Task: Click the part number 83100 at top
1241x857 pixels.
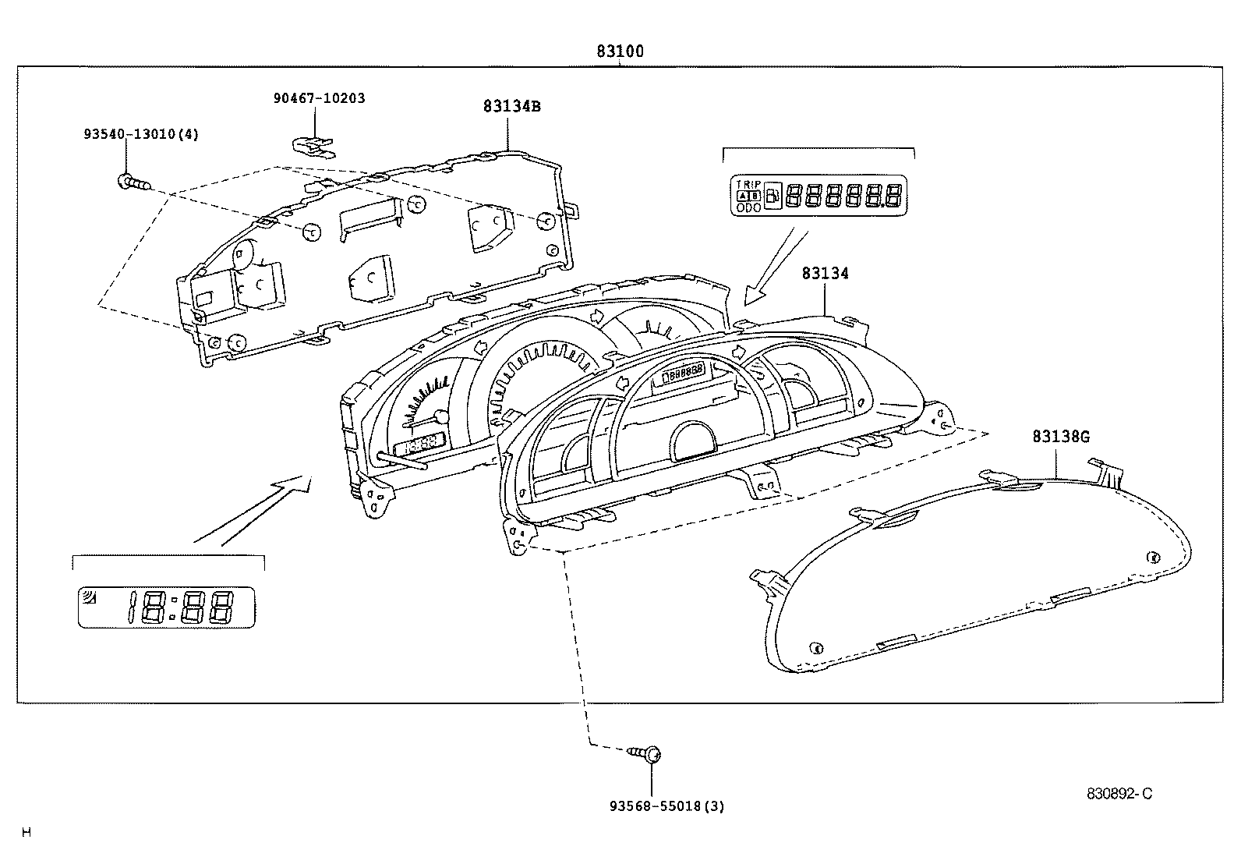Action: [x=620, y=52]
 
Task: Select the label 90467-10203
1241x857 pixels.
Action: [x=319, y=98]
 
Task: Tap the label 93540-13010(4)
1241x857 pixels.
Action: [x=141, y=134]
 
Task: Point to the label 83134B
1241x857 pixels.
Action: [x=511, y=107]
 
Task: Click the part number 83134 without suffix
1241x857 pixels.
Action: [x=825, y=273]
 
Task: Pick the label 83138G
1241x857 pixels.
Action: [x=1061, y=437]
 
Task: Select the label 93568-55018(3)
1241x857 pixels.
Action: [x=666, y=806]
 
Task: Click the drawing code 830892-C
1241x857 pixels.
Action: [x=1119, y=794]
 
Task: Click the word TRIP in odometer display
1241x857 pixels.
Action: [x=748, y=183]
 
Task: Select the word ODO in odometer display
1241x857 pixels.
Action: [x=748, y=207]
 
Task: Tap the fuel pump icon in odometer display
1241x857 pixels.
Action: [x=773, y=196]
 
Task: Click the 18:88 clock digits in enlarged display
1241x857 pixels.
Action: [x=182, y=607]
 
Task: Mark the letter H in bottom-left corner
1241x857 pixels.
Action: [x=26, y=832]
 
